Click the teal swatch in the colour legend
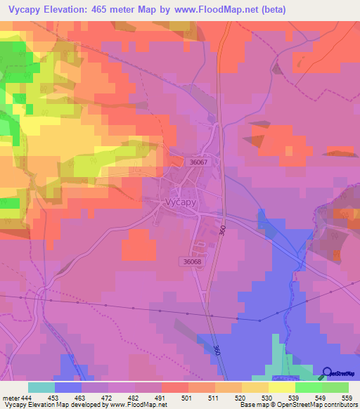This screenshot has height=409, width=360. (41, 387)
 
